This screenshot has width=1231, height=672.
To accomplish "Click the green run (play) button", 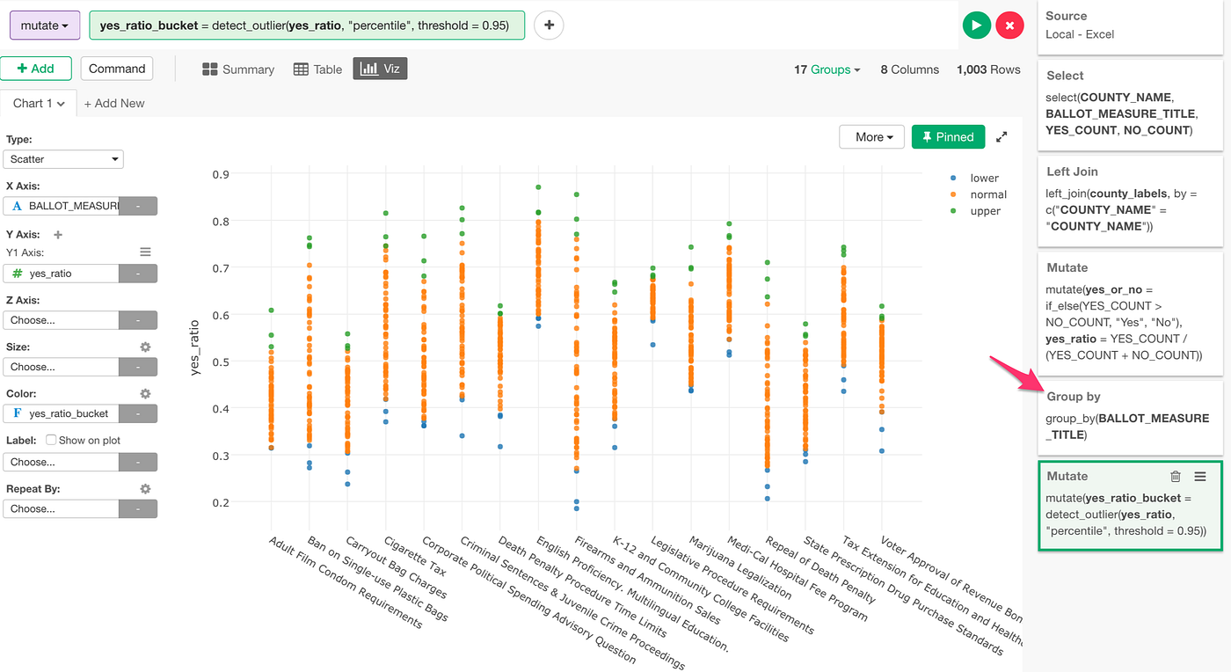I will [x=976, y=26].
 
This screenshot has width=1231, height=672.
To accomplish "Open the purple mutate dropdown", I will [x=45, y=26].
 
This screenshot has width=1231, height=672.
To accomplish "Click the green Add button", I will [x=35, y=69].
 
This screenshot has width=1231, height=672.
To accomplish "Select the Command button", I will [x=117, y=69].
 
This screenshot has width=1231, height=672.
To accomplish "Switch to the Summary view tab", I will [x=238, y=69].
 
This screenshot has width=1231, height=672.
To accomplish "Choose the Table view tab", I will [x=317, y=69].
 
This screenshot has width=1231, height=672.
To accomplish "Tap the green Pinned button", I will [x=948, y=137].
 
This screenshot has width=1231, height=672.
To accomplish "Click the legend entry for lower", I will [x=983, y=178].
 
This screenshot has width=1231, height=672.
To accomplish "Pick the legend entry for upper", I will [x=984, y=211].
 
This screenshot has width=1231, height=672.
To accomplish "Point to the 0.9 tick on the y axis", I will [x=221, y=174].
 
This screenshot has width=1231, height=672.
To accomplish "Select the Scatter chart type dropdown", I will [x=63, y=159].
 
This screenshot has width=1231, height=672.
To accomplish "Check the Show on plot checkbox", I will [x=51, y=440].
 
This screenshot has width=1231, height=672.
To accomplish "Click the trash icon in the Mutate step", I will [x=1175, y=477].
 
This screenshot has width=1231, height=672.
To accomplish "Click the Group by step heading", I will [x=1074, y=397].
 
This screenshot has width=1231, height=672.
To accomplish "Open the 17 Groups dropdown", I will [x=827, y=69].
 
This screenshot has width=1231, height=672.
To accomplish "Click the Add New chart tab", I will [x=114, y=103].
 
